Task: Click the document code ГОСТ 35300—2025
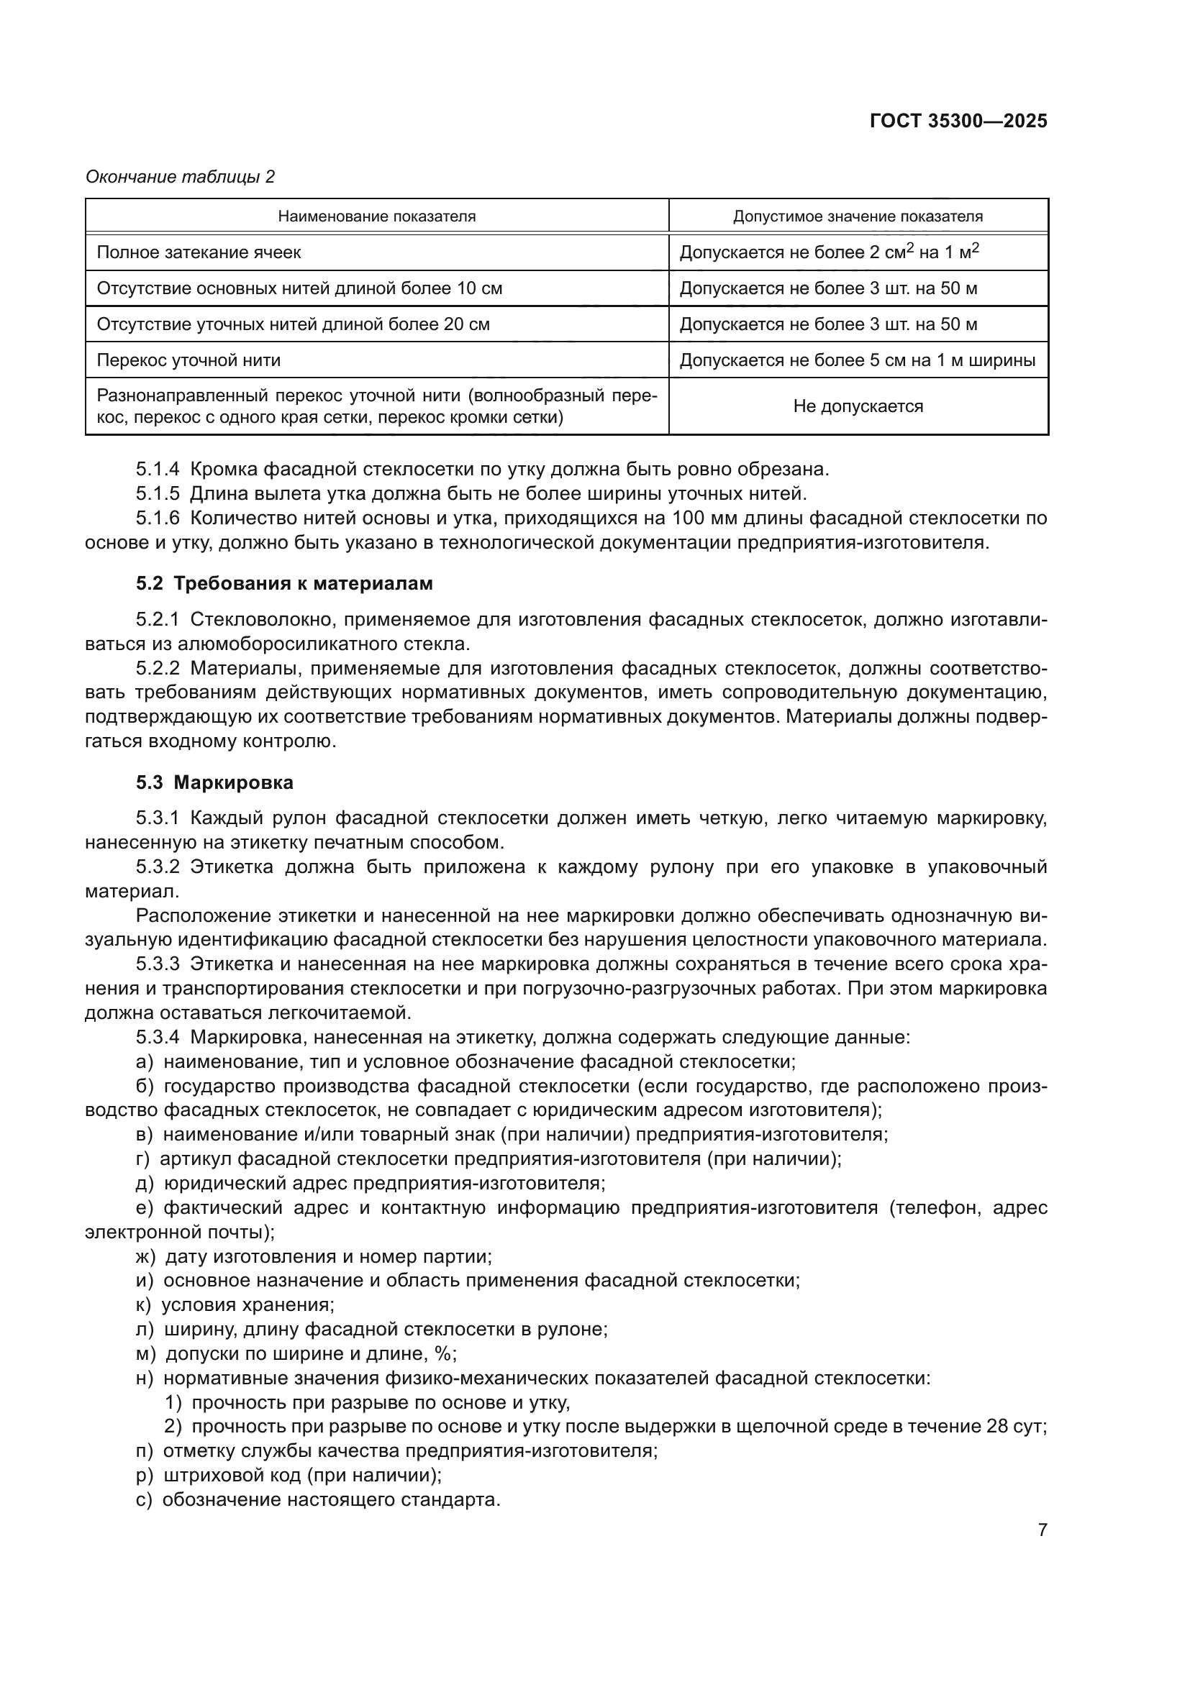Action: [x=958, y=121]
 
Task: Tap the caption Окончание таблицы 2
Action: [x=181, y=177]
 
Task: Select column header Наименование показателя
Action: [x=376, y=216]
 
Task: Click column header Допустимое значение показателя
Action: [x=858, y=216]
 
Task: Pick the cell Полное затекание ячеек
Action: [x=199, y=252]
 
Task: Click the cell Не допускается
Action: [x=858, y=406]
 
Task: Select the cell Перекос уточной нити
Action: [x=189, y=360]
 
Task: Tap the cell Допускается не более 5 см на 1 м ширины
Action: [x=858, y=360]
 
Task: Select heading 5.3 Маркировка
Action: [x=214, y=782]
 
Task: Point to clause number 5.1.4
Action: [x=158, y=469]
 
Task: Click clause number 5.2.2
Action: [x=158, y=668]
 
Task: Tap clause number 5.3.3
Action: [x=158, y=964]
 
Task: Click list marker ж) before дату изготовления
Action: [x=145, y=1256]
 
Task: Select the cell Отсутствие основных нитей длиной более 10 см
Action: [x=300, y=288]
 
